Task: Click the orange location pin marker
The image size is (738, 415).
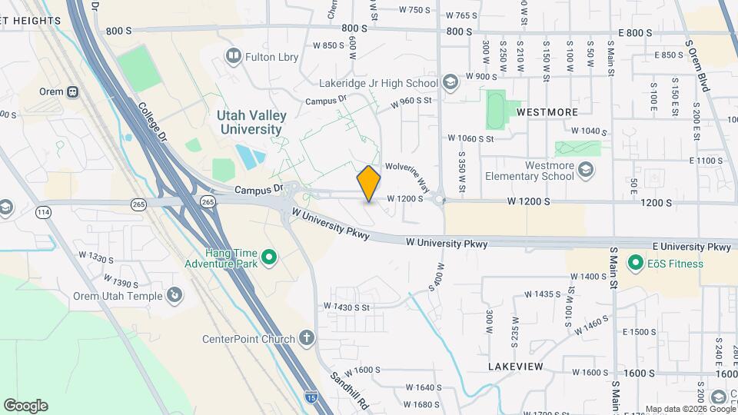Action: (x=369, y=184)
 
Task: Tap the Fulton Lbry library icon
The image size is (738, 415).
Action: (x=231, y=55)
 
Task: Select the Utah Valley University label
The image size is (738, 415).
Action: (x=251, y=122)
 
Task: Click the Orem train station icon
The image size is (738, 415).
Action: (x=72, y=91)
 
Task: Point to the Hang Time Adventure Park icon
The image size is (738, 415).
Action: (x=269, y=257)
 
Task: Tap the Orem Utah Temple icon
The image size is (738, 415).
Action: (x=175, y=295)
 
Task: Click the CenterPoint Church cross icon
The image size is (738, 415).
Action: (x=307, y=338)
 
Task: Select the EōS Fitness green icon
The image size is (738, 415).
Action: (x=635, y=264)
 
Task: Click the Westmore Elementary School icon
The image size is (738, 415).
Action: (x=586, y=170)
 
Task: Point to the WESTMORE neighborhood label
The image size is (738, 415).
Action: (x=547, y=112)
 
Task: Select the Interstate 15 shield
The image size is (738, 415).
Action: (x=311, y=397)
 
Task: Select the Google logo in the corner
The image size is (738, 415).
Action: (x=25, y=405)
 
